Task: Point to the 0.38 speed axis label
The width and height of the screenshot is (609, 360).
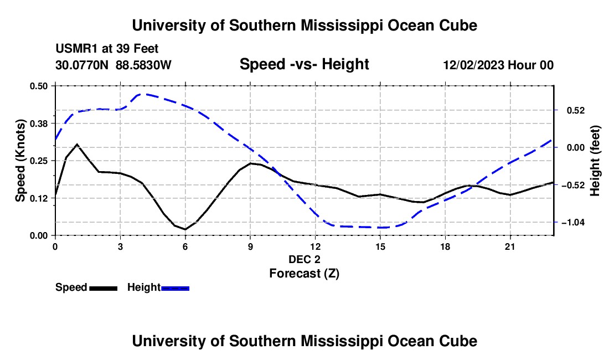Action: click(x=39, y=124)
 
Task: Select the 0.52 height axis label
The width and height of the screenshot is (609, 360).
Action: click(x=576, y=111)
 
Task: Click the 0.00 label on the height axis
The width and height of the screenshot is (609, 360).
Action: click(x=576, y=147)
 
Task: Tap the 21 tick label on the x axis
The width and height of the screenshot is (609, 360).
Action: click(x=510, y=246)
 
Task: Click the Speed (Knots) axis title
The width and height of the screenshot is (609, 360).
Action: click(x=20, y=161)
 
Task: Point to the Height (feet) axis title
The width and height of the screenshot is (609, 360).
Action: click(x=595, y=161)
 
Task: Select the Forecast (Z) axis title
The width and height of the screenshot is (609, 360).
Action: click(x=304, y=274)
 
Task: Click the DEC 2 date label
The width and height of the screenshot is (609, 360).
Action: click(x=304, y=259)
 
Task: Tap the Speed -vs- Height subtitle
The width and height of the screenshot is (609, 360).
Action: click(x=304, y=64)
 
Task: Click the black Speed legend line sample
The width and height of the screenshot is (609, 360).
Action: click(x=104, y=288)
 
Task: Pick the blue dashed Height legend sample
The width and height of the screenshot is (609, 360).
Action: click(x=175, y=288)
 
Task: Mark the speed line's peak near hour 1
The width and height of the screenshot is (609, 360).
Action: click(x=77, y=145)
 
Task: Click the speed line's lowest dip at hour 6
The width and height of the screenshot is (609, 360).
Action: click(x=185, y=229)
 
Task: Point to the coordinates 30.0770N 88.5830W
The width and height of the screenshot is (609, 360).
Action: click(x=113, y=65)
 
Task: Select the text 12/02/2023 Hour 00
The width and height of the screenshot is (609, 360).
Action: click(x=498, y=65)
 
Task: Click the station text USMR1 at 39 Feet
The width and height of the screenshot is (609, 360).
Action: click(x=107, y=49)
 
